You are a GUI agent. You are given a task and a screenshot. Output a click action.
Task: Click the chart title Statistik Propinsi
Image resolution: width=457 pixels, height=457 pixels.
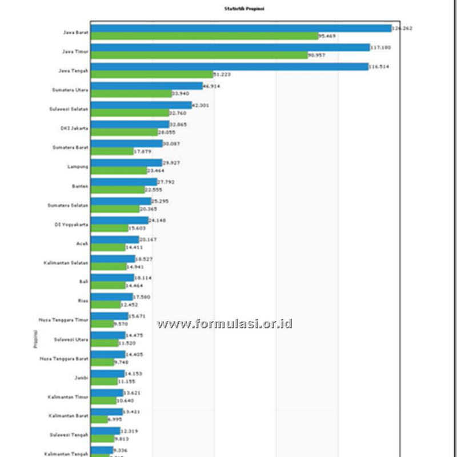pos(239,9)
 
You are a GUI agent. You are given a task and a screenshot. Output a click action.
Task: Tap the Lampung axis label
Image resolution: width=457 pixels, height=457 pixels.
pos(78,166)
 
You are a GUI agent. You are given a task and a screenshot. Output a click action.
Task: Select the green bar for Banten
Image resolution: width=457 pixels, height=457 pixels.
pos(118,190)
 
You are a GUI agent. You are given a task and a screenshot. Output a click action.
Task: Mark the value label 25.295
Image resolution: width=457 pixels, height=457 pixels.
pos(159,201)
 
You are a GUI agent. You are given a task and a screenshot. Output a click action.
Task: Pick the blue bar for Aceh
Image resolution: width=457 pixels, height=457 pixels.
pos(114,239)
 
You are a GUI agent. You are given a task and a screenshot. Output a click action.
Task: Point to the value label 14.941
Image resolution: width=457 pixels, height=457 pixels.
pos(135,266)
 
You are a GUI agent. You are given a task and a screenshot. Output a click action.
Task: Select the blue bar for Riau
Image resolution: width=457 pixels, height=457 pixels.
pos(111,296)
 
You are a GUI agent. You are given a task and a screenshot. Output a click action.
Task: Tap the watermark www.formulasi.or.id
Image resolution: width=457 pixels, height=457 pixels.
pos(225,324)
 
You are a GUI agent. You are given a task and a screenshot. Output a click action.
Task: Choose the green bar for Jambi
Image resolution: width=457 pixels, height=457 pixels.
pos(103,381)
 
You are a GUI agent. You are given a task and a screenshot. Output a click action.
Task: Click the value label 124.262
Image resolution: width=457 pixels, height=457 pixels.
pos(402,28)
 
